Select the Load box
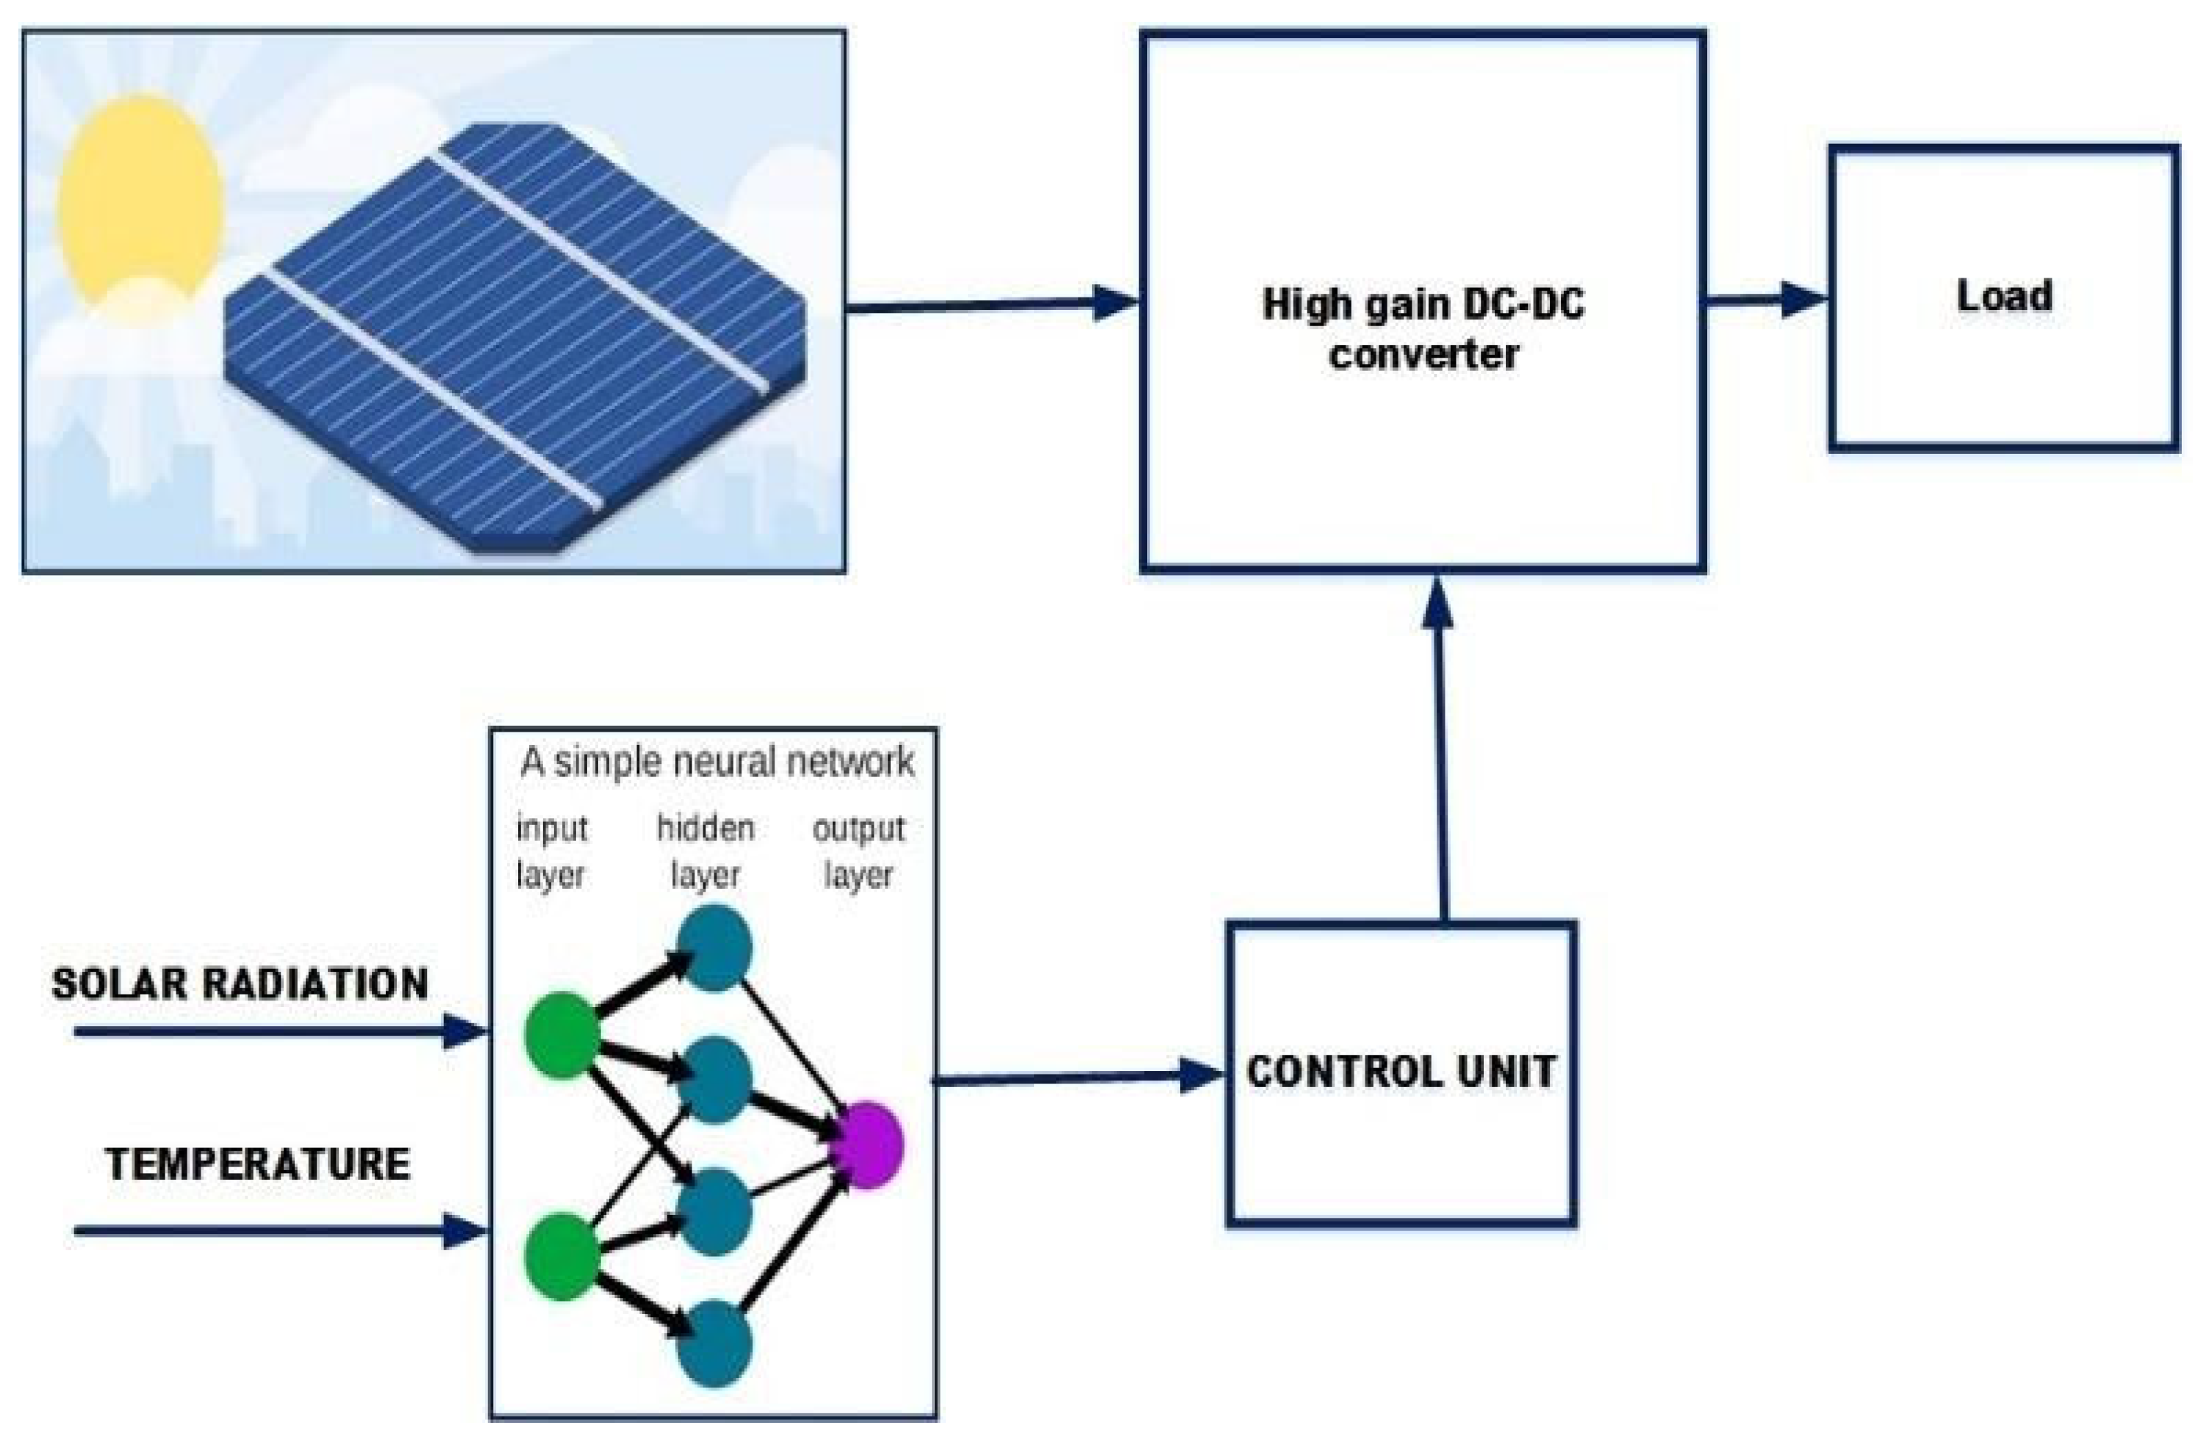[x=2003, y=297]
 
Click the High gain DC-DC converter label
[x=1423, y=328]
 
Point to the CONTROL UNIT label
[x=1401, y=1072]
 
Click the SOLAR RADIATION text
[x=240, y=984]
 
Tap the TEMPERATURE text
[x=257, y=1164]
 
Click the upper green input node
[x=561, y=1035]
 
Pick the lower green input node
[x=561, y=1257]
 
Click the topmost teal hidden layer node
[x=714, y=948]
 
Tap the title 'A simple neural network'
[x=717, y=762]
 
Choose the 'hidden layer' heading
[x=705, y=851]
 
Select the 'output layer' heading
[x=858, y=851]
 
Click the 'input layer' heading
[x=551, y=851]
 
